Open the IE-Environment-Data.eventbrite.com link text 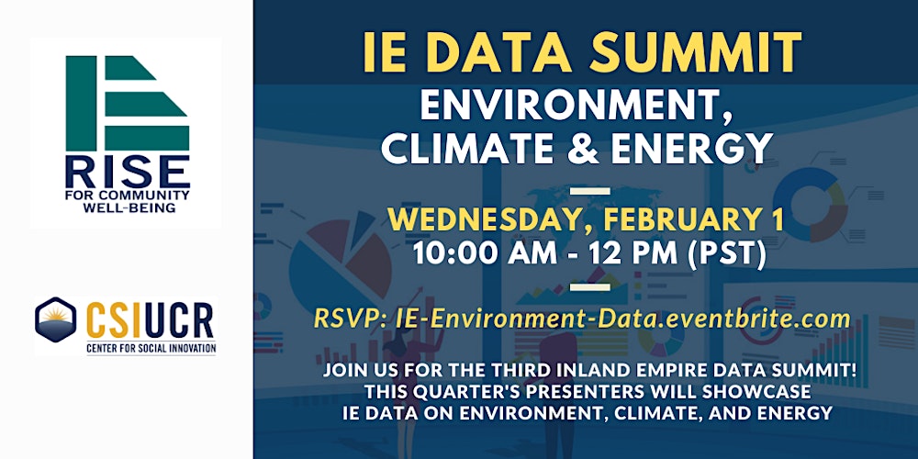click(x=621, y=319)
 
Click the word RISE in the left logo click(x=127, y=173)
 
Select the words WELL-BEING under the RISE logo click(x=127, y=207)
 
